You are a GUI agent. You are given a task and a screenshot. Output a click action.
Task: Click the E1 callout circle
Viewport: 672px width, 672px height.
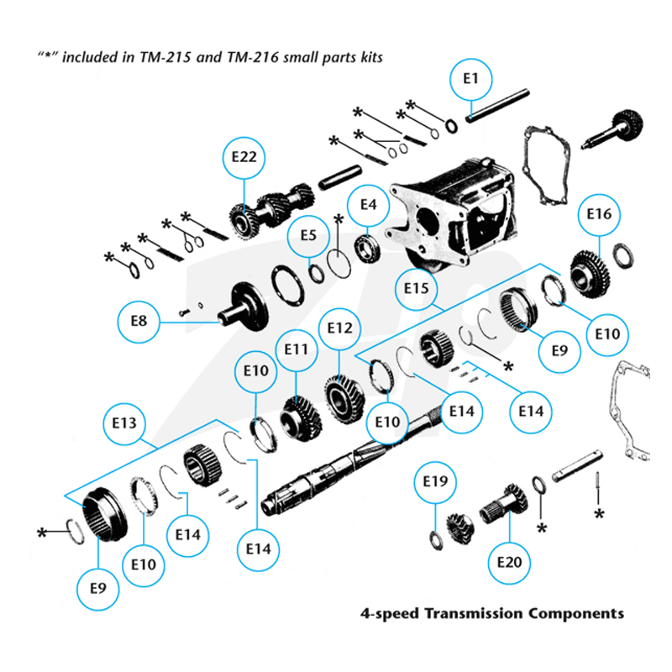pos(470,79)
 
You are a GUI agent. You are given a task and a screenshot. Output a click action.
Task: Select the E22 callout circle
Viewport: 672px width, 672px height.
pos(244,158)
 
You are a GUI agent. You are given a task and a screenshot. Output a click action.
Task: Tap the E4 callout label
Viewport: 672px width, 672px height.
pos(368,205)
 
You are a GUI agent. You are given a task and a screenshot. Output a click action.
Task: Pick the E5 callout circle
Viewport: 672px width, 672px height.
pos(308,236)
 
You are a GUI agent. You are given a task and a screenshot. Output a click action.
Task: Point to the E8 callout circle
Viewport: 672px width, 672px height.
pos(139,322)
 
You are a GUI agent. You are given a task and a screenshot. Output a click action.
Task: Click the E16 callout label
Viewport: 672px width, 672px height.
pos(599,214)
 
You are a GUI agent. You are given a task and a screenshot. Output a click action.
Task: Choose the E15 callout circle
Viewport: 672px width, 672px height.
pos(416,289)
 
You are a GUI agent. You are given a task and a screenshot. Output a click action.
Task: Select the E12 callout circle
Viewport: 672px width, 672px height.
pos(339,328)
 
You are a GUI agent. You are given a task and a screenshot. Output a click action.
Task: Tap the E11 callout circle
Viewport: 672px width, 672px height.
pos(297,350)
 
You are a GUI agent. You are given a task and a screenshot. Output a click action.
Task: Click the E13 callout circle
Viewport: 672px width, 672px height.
pos(124,424)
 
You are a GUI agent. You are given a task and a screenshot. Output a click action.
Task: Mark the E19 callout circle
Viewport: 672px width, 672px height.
pos(435,482)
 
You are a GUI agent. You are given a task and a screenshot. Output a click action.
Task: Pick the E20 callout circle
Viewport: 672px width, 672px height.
pos(509,563)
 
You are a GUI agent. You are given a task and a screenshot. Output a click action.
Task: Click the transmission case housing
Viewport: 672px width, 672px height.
pos(452,214)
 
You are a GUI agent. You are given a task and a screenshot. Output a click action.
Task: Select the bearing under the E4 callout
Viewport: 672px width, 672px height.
pos(368,249)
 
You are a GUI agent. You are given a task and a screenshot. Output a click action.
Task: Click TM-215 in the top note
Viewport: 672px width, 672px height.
pos(165,57)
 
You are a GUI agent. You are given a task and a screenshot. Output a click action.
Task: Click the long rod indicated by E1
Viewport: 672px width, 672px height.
pos(497,106)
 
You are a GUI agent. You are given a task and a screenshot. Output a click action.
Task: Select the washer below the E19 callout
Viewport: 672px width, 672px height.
pos(436,540)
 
